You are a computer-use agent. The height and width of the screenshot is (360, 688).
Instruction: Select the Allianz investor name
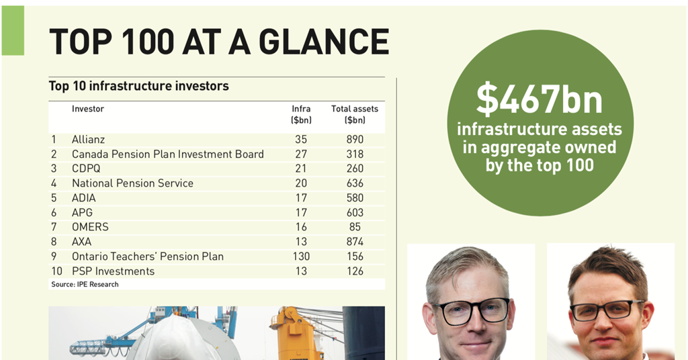(89, 140)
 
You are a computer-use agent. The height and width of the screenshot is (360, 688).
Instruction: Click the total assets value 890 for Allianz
(355, 140)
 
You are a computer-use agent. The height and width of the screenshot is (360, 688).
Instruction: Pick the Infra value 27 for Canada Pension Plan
(300, 154)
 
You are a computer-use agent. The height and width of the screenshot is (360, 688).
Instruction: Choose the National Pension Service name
(132, 183)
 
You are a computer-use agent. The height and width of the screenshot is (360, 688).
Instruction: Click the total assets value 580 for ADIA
(355, 198)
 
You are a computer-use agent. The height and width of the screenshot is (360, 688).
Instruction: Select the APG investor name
(83, 213)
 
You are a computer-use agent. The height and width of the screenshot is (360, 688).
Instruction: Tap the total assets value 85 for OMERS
(355, 227)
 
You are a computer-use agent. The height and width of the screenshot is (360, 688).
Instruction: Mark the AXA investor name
(82, 242)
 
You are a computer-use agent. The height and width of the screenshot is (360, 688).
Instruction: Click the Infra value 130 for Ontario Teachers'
(300, 257)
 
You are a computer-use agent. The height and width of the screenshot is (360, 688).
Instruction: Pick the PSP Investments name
(113, 271)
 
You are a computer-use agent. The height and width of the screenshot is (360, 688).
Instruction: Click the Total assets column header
(355, 114)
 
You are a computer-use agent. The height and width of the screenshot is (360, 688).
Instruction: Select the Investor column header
(88, 109)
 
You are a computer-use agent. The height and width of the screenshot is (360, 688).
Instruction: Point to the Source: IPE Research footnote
(85, 285)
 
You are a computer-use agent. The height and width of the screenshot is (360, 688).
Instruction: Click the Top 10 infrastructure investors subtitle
(138, 86)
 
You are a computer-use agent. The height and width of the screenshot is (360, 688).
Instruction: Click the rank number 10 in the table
(56, 271)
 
